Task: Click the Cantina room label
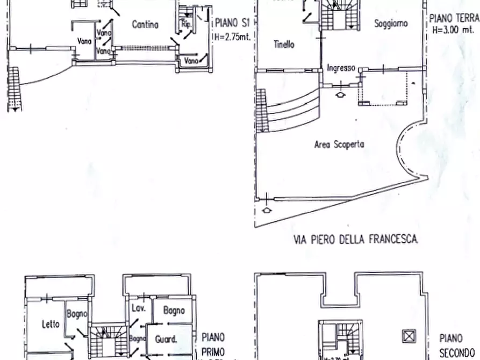click(145, 24)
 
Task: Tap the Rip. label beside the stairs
click(187, 25)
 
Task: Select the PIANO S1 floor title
click(234, 24)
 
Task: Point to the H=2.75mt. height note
click(233, 37)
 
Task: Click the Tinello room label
click(283, 45)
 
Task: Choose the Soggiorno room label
click(391, 24)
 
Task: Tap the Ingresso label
click(341, 68)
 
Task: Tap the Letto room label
click(51, 324)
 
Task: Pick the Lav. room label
click(137, 308)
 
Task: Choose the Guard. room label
click(166, 339)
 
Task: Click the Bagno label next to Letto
click(77, 314)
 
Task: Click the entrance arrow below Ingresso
click(340, 95)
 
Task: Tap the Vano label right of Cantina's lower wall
click(191, 61)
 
